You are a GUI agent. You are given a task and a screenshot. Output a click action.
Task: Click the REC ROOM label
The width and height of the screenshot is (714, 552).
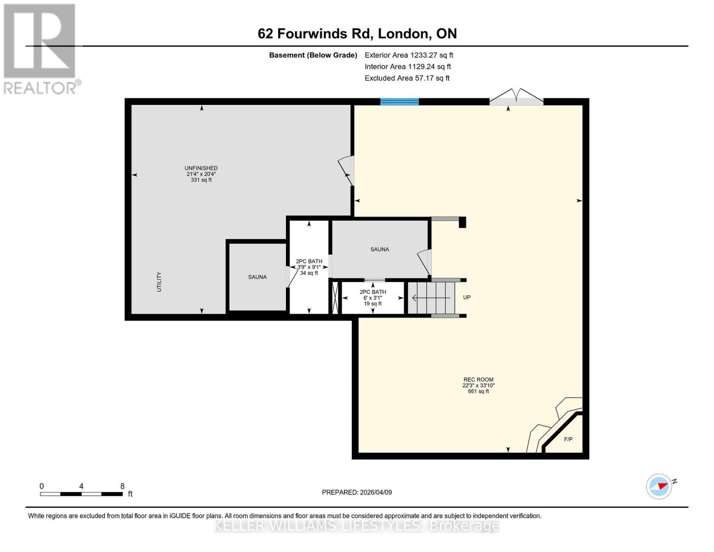point(478,380)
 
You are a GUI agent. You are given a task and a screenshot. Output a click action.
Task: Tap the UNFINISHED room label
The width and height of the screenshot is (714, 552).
point(201,168)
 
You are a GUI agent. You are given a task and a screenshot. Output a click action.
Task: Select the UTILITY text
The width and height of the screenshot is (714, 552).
point(159,282)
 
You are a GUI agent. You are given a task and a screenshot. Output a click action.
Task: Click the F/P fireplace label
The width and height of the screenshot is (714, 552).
point(568,439)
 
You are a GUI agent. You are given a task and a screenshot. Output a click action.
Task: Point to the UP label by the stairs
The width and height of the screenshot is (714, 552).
point(467,298)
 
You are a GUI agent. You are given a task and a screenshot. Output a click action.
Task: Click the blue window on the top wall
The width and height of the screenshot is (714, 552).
point(399,102)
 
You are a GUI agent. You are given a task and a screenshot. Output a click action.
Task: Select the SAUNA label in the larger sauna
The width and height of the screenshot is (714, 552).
point(379,249)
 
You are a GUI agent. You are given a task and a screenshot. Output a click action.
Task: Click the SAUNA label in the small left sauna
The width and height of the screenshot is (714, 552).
point(257,277)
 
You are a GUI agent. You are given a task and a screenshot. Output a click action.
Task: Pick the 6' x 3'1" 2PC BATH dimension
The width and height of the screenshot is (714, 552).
point(372,298)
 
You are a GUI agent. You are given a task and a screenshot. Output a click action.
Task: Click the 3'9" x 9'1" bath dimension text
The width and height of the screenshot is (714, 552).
point(309,267)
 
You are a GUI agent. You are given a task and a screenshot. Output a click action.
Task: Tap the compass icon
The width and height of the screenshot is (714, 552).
point(659,486)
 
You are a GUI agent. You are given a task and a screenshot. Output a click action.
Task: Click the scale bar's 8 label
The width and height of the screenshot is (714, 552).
point(122,486)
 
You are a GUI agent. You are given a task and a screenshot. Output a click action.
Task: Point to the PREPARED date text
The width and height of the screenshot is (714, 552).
point(357,492)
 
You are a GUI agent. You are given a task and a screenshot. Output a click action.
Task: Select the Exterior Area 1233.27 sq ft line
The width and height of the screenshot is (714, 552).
point(408,55)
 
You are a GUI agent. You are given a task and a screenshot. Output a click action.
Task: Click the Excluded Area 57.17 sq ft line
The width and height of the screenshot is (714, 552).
point(407,78)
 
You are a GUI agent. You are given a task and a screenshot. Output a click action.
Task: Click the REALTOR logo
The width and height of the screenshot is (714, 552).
point(40,48)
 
